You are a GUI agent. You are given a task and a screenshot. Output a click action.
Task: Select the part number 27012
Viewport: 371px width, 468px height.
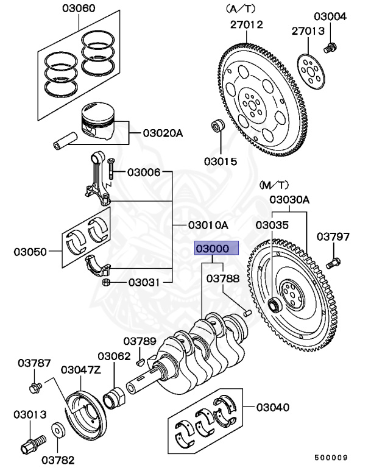click(246, 24)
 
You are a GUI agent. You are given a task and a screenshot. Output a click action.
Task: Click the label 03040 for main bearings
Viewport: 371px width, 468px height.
click(273, 408)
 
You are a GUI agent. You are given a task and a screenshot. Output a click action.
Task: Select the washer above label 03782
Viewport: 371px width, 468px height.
click(58, 430)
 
